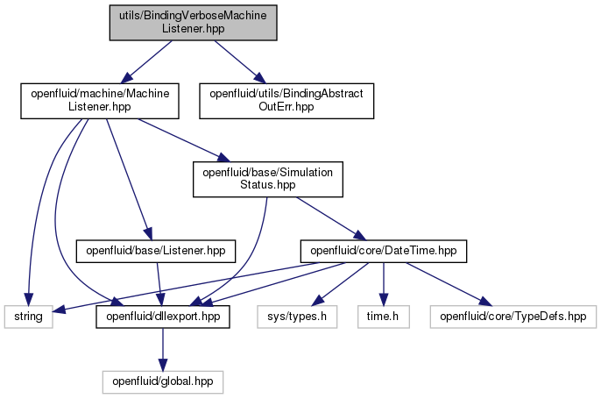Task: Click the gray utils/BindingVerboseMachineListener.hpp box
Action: tap(193, 23)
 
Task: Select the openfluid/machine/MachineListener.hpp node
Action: tap(100, 101)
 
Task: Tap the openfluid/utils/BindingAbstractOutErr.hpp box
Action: tap(286, 101)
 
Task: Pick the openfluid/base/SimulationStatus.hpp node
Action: tap(268, 179)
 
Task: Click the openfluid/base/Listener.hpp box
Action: tap(156, 252)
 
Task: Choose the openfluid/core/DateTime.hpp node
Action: tap(384, 252)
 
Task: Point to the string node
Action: tap(28, 317)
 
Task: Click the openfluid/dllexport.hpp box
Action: tap(163, 317)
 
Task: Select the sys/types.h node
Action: tap(297, 317)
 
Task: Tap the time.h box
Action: tap(384, 317)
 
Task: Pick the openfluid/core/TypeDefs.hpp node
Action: tap(513, 317)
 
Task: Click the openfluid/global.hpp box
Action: tap(163, 381)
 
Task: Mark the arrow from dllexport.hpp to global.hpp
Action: tap(163, 349)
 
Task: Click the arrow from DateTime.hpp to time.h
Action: tap(384, 284)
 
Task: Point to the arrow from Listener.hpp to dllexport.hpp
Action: tap(159, 284)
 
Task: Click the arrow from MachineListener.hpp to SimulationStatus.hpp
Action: tap(184, 140)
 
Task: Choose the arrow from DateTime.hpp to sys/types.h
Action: tap(340, 284)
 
